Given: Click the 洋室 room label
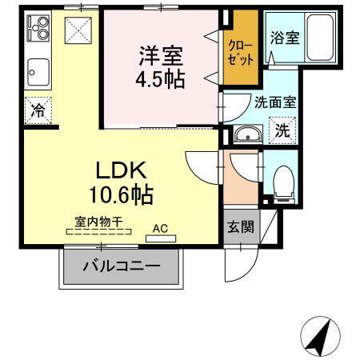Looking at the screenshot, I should [161, 57].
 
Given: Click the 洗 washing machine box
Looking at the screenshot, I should [282, 131].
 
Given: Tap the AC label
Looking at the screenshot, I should [160, 227].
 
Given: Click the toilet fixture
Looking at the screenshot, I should [282, 183].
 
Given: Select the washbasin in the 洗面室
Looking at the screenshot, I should [248, 134].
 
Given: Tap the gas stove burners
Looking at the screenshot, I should [38, 28].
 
